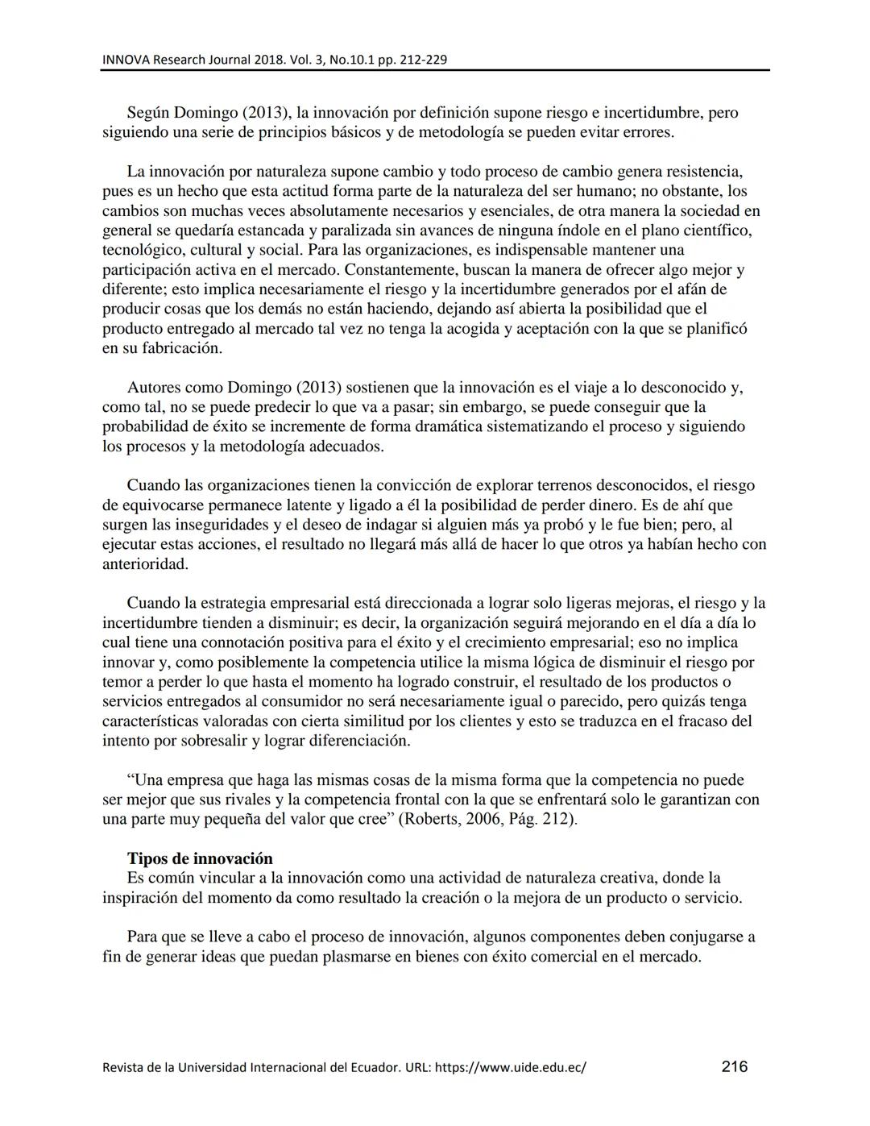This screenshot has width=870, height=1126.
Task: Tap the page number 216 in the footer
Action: tap(734, 1066)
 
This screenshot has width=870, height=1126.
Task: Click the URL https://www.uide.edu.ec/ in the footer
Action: tap(516, 1068)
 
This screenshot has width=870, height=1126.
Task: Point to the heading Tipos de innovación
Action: tap(200, 858)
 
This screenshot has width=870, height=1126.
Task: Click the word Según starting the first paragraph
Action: tap(148, 113)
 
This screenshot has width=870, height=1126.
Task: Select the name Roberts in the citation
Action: tap(432, 820)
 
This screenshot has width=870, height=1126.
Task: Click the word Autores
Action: tap(155, 388)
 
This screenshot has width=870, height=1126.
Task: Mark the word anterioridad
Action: tap(145, 564)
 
